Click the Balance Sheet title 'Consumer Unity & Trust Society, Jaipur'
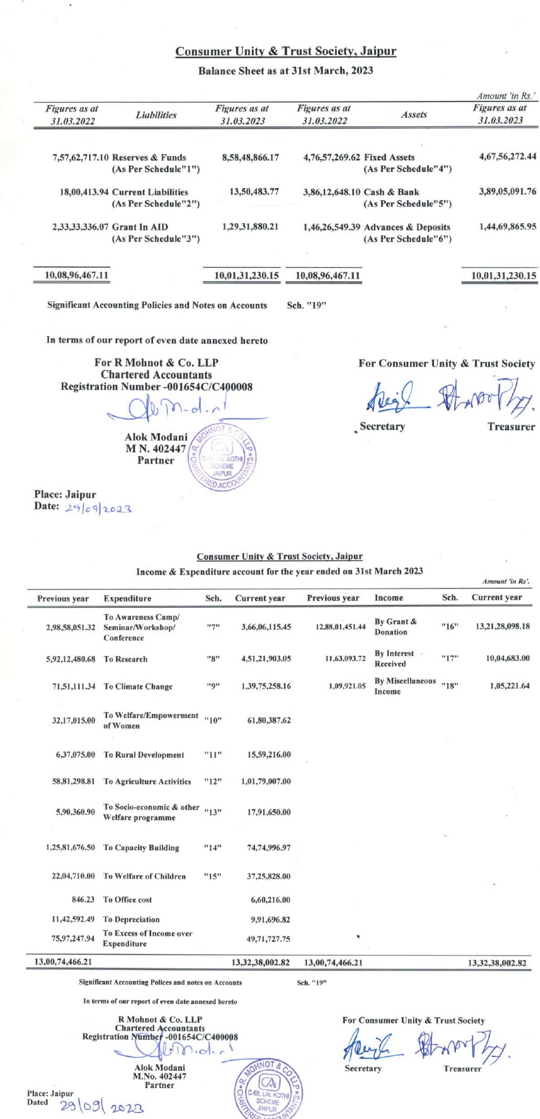[x=285, y=51]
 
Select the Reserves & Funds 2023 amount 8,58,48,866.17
[x=250, y=158]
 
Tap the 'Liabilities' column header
[x=156, y=115]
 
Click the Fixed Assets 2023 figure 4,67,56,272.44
[x=507, y=157]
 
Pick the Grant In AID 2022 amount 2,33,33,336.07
[x=81, y=227]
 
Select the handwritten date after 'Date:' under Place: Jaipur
[x=98, y=508]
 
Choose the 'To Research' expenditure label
[x=125, y=660]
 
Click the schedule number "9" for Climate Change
[x=212, y=686]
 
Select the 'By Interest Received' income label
[x=394, y=659]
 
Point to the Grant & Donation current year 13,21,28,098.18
[x=502, y=626]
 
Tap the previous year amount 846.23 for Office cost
[x=83, y=900]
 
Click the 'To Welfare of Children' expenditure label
[x=144, y=876]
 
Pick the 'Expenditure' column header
[x=127, y=598]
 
